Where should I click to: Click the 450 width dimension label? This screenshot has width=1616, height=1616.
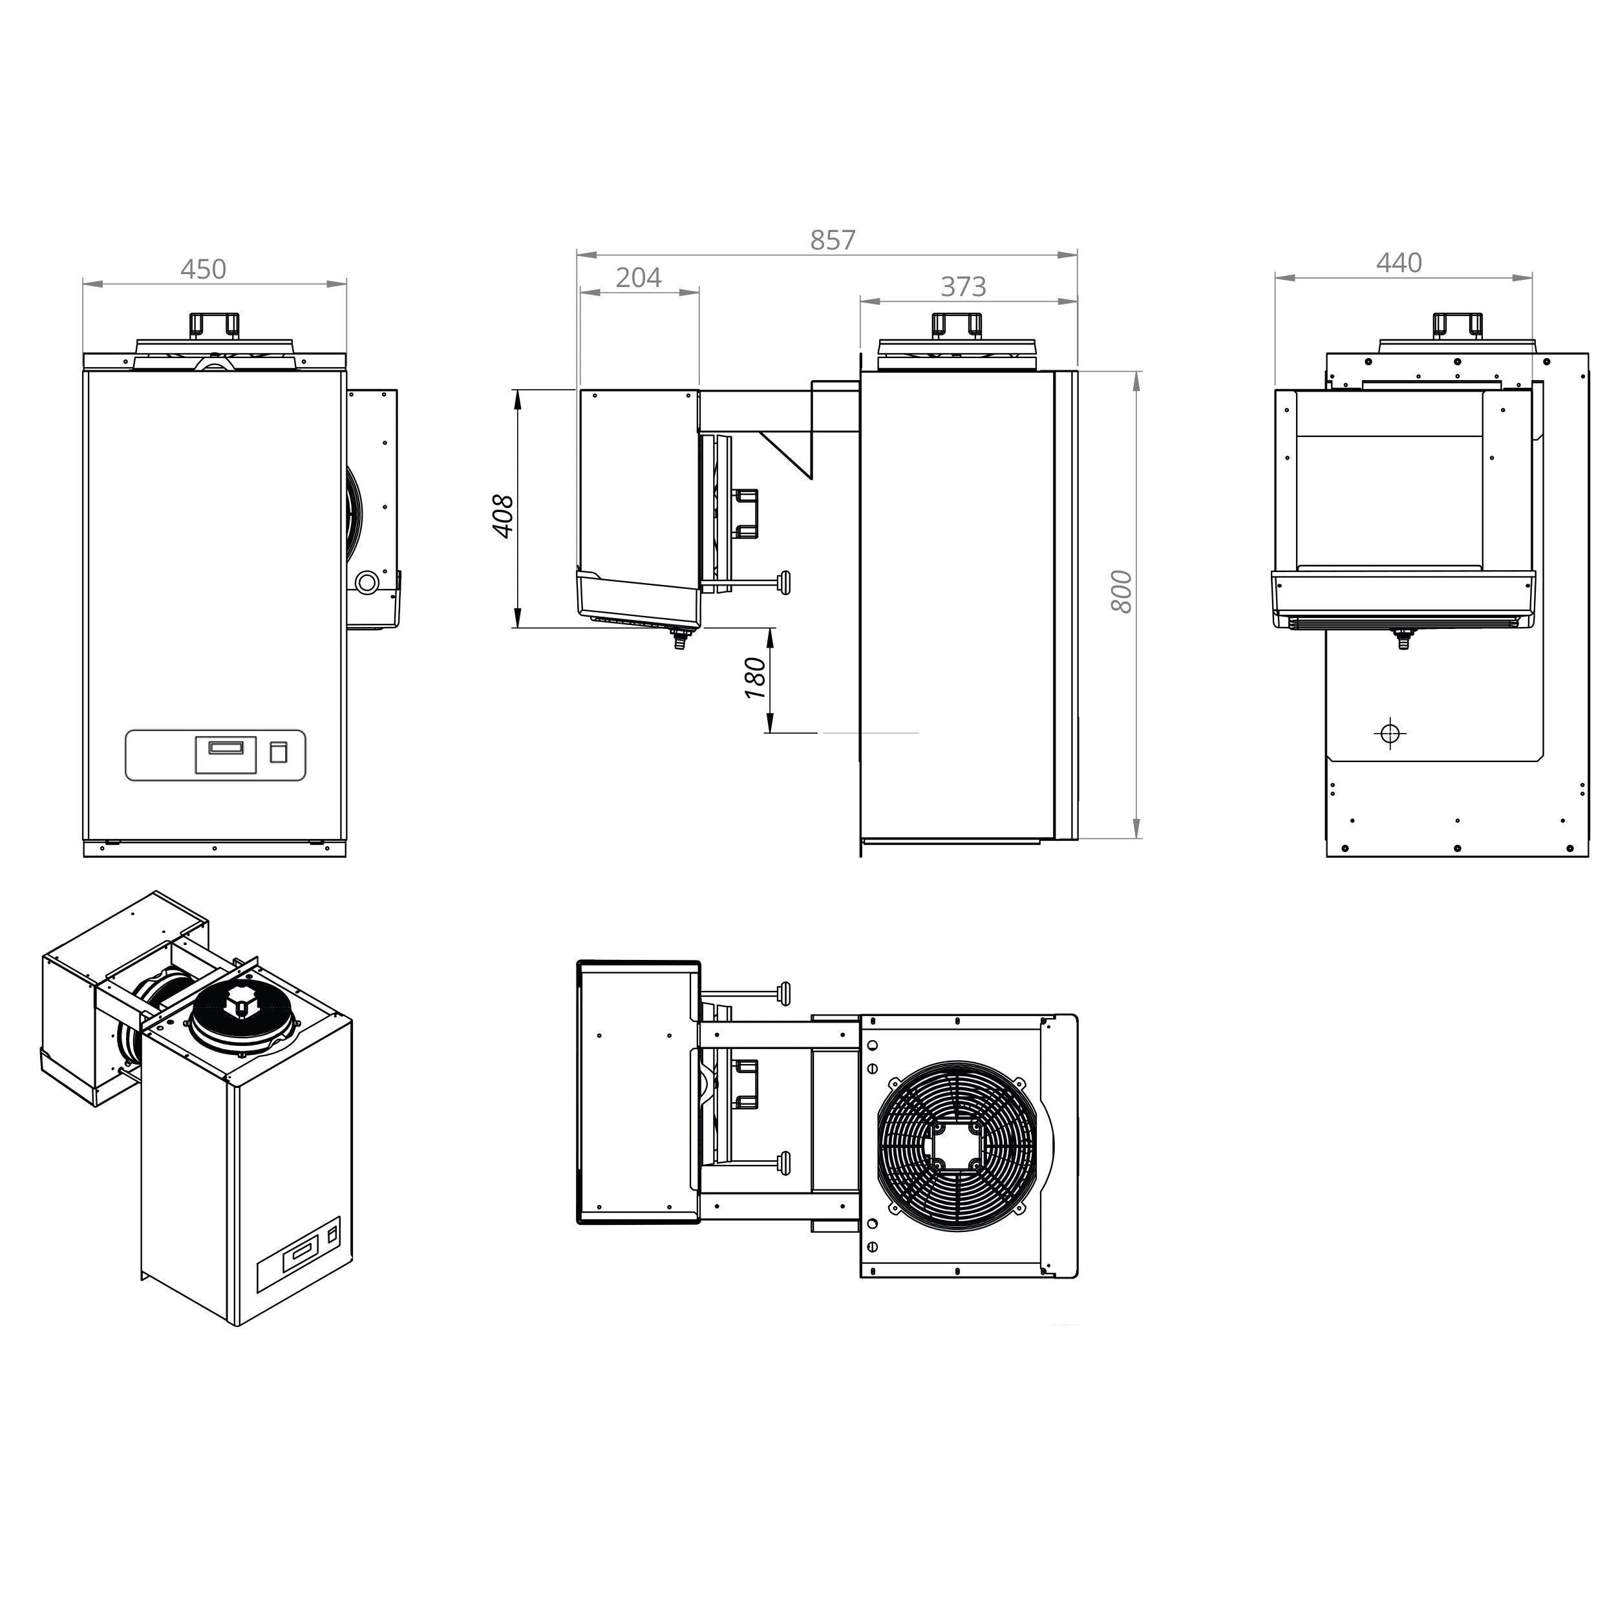[x=203, y=270]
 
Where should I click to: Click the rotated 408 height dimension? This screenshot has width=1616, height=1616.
[x=503, y=516]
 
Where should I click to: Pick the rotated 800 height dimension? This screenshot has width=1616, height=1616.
[x=1122, y=591]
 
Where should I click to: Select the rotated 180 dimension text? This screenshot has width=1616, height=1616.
[x=755, y=678]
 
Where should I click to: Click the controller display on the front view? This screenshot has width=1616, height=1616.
[x=226, y=754]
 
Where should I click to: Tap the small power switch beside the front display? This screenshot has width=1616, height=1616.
[x=279, y=752]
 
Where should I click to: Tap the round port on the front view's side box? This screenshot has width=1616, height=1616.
[x=367, y=582]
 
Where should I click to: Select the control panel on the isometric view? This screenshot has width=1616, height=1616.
[x=299, y=1255]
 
